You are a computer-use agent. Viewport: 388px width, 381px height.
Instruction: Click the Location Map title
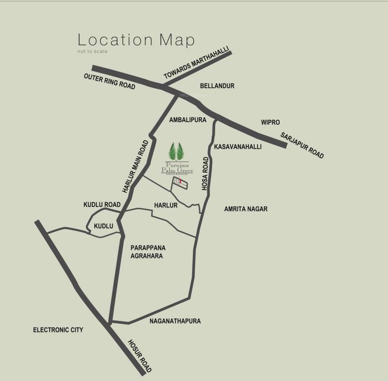click(136, 40)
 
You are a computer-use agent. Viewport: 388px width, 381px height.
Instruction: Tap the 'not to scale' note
click(92, 52)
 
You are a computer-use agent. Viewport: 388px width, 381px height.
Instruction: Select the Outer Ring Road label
click(109, 81)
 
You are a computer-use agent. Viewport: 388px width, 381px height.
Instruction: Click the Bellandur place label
click(217, 86)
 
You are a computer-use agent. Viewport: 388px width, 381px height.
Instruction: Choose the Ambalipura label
click(187, 120)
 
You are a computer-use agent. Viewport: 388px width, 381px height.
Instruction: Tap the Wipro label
click(271, 122)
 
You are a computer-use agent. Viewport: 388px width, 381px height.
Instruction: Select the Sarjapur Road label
click(302, 145)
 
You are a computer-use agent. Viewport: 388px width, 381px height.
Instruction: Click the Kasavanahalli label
click(237, 147)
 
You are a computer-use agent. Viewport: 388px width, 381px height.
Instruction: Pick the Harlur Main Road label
click(136, 166)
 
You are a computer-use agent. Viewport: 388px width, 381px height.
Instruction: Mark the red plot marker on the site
click(180, 183)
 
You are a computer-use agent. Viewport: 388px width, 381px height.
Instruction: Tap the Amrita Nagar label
click(245, 209)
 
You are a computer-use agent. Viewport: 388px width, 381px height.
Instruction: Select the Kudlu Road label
click(102, 204)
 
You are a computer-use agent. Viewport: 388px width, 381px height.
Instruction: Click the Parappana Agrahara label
click(148, 252)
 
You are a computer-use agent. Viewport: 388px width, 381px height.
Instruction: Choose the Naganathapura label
click(175, 321)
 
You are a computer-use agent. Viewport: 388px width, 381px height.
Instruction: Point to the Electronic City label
click(58, 330)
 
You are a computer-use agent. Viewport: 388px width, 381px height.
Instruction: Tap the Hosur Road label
click(140, 356)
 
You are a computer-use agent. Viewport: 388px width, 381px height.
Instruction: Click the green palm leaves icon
click(176, 150)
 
